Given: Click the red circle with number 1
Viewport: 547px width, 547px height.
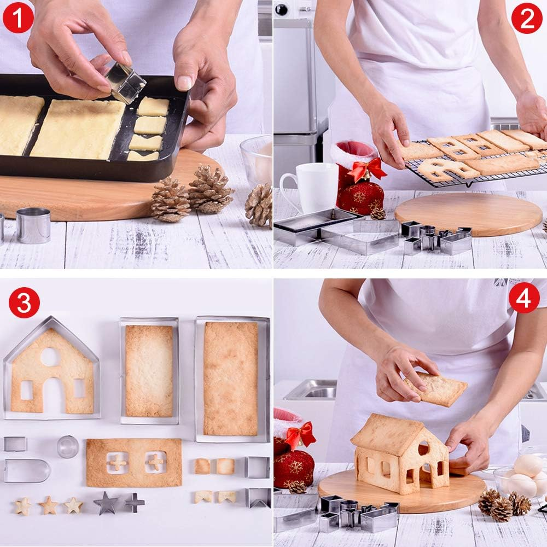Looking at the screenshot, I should point(18,18).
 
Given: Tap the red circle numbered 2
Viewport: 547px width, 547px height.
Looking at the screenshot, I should point(526,18).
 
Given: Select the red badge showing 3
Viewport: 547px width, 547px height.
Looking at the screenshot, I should point(24,302).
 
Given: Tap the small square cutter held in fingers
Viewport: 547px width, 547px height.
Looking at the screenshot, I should point(126,83).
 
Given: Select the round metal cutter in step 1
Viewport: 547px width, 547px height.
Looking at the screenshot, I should point(33,225).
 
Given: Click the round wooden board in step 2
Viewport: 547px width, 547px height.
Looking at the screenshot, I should point(468,213).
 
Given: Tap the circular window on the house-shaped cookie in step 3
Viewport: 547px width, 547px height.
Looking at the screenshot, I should point(50,357).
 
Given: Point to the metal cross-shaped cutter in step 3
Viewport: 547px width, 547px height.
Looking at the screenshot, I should point(134,502).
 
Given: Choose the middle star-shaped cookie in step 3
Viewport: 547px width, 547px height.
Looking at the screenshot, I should point(49,505).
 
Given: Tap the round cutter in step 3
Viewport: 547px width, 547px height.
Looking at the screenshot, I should point(68,446).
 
